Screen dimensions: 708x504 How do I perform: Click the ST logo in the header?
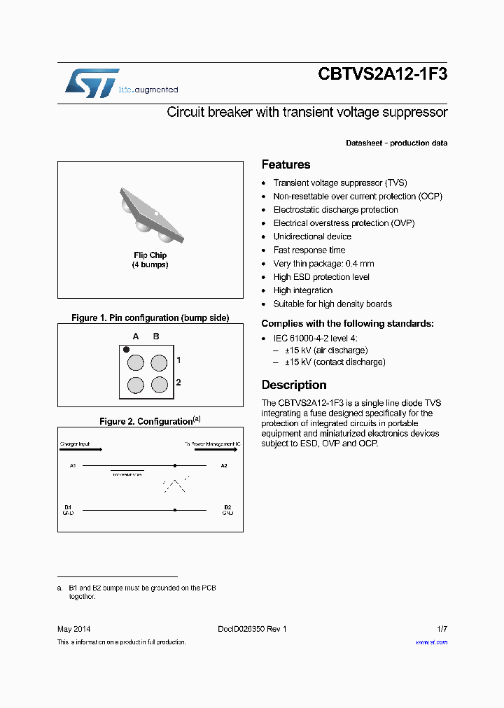pos(92,83)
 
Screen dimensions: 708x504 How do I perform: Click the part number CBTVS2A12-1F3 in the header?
pos(382,74)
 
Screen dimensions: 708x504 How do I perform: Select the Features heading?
pos(286,165)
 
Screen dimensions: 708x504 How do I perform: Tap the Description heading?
pos(294,385)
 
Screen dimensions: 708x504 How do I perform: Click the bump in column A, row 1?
pos(135,362)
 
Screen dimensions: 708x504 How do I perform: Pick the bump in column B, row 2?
pos(160,385)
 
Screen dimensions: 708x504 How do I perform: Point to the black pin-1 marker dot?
pos(127,349)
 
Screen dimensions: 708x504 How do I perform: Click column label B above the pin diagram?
pos(156,337)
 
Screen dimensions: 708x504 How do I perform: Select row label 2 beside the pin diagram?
pos(178,383)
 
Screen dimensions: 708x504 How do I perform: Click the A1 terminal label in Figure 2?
pos(73,465)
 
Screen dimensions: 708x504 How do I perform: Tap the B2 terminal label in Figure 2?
pos(227,507)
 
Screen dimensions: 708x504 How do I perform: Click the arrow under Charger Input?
pos(80,450)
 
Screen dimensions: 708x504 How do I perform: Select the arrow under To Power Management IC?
pos(218,450)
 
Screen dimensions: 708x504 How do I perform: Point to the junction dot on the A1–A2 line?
pos(174,465)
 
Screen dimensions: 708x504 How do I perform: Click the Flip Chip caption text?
pos(150,255)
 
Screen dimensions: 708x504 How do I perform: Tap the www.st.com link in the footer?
pos(431,642)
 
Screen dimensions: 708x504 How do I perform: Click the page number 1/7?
pos(441,629)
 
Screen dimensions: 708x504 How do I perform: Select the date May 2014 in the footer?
pos(73,629)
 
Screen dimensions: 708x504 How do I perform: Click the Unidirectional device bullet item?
pos(312,236)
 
